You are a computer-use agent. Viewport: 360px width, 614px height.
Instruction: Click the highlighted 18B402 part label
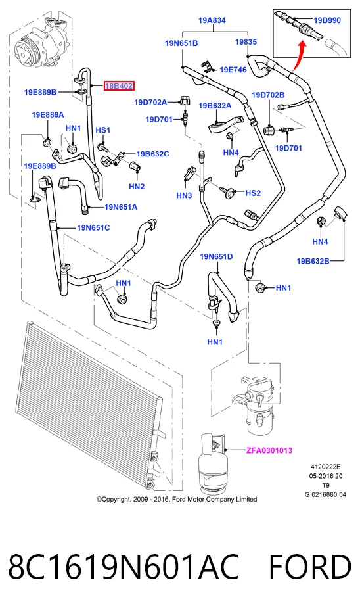tap(118, 85)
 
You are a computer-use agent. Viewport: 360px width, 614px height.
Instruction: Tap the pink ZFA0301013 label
tap(269, 450)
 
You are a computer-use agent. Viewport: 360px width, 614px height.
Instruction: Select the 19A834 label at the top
tap(212, 20)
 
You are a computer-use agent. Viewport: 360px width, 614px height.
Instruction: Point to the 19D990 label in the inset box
tap(327, 20)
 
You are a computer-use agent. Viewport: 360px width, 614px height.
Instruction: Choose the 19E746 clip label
tap(233, 70)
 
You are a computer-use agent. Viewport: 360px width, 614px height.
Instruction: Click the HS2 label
tap(253, 193)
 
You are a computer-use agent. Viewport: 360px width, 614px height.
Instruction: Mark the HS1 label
tap(103, 130)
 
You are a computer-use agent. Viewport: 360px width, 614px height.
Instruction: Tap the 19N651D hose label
tap(216, 256)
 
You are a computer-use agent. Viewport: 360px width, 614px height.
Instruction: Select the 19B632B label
tap(313, 261)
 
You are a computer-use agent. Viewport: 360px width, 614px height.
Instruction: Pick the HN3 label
tap(184, 195)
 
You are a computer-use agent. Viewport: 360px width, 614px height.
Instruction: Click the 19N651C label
tap(93, 227)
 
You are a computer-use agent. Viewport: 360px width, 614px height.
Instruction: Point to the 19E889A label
tap(48, 115)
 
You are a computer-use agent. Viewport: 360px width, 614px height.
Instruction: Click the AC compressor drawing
tap(41, 44)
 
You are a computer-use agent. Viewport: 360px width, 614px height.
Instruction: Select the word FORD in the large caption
tap(310, 567)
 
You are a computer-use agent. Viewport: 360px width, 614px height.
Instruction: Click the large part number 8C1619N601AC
tap(124, 567)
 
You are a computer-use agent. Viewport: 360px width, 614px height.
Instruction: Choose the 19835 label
tap(246, 42)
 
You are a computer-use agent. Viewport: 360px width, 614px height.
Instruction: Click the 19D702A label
tap(150, 102)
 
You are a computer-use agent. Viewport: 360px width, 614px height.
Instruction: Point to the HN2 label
tap(137, 187)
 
